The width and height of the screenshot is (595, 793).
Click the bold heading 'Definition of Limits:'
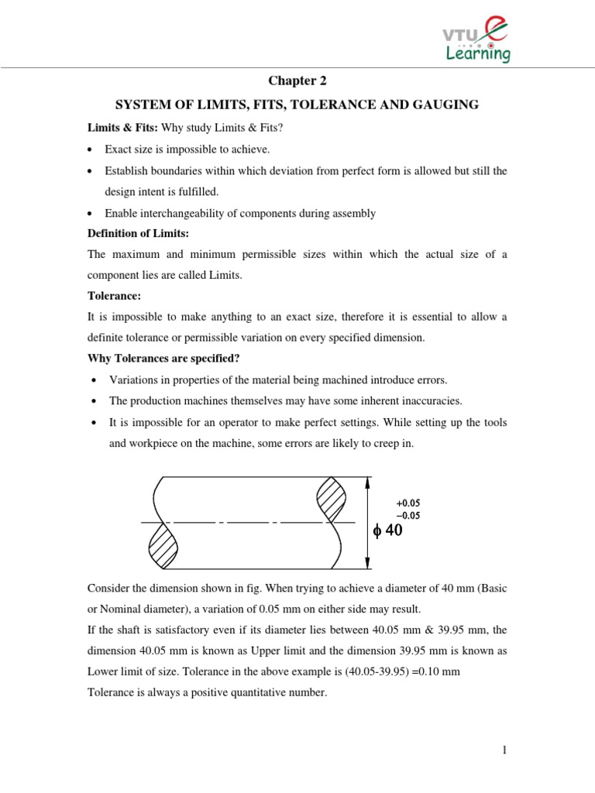[x=139, y=234]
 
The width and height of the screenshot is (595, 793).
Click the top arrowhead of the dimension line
[x=366, y=482]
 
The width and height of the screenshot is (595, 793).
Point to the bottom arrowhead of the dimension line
[x=366, y=565]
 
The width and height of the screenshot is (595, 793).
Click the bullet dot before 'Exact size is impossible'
[x=92, y=149]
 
